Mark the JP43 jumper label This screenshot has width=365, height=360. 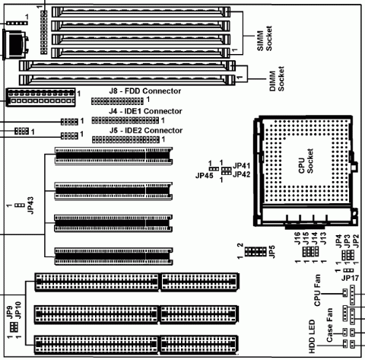tap(31, 206)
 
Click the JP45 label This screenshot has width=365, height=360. tap(203, 174)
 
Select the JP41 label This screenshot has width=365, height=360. tap(243, 165)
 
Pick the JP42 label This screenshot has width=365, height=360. tap(243, 174)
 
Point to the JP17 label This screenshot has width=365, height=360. tap(351, 278)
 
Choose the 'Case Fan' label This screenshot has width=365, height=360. tap(330, 330)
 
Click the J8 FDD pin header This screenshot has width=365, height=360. tap(118, 100)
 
